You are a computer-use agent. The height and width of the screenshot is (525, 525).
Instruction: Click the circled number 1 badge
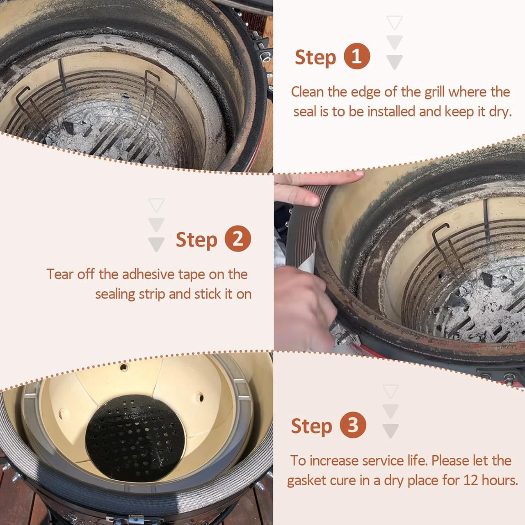point(356,56)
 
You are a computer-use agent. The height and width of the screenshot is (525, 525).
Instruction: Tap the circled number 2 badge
point(237,238)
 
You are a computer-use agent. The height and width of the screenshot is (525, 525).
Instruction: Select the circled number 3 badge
point(353,425)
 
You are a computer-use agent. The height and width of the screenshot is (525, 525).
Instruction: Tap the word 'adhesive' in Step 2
point(148,274)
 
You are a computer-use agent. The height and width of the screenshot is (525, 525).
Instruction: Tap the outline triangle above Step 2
point(156,205)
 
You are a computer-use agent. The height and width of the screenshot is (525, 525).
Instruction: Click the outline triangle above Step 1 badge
point(395,22)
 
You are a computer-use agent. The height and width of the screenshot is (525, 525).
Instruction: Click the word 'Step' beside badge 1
point(315,58)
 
